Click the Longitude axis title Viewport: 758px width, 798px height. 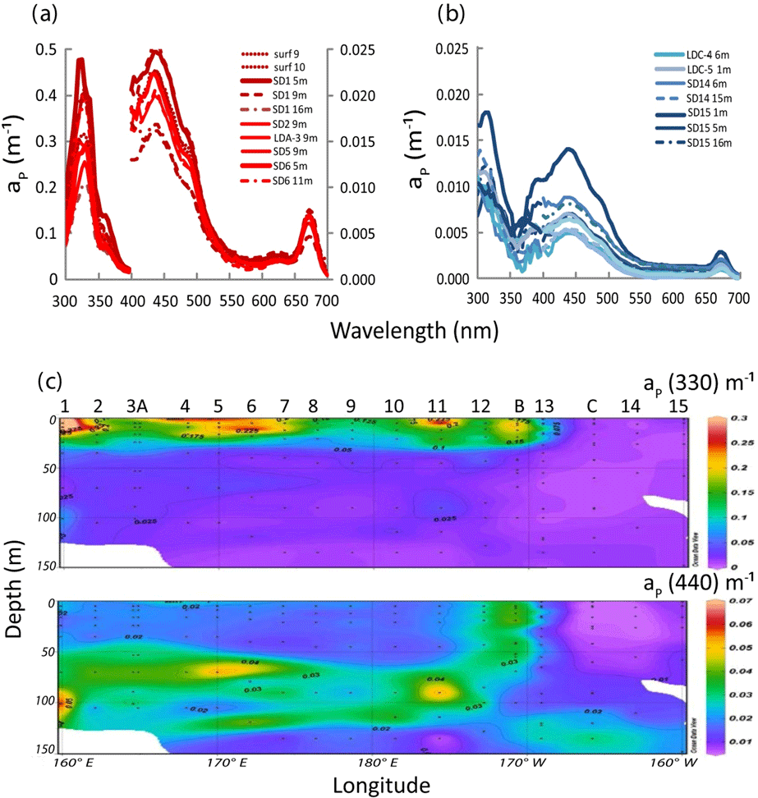[x=381, y=786]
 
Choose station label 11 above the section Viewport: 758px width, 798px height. [x=437, y=406]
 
